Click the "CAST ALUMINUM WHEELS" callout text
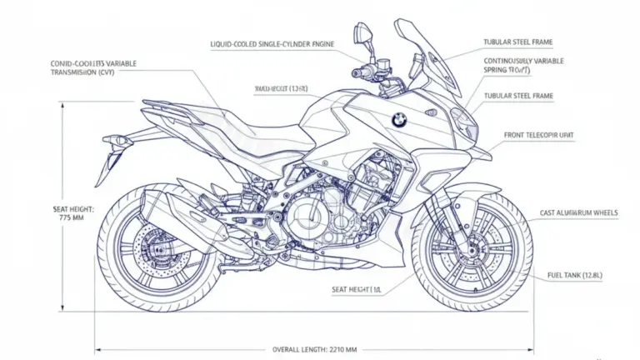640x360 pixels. [579, 213]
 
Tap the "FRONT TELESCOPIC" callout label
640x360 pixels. [538, 134]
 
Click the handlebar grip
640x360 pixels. [360, 74]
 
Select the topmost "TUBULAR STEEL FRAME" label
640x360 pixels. [517, 42]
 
